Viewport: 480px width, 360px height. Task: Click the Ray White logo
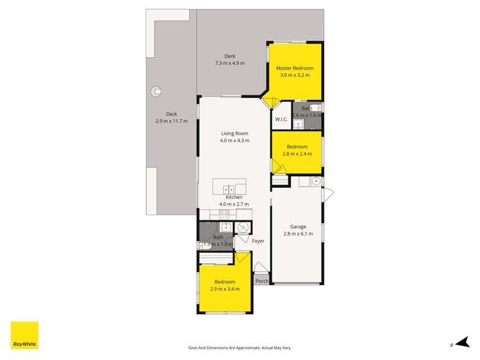24,335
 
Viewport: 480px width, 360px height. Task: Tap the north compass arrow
462,343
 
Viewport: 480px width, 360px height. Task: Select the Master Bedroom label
295,68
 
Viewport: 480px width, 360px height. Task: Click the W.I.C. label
281,119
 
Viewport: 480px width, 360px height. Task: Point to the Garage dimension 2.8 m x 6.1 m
298,234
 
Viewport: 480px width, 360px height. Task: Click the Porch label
261,281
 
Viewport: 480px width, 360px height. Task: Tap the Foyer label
258,241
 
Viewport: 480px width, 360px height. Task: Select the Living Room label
235,133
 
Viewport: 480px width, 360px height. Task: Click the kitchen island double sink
229,190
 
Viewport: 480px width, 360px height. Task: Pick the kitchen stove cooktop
224,215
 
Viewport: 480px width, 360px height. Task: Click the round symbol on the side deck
156,92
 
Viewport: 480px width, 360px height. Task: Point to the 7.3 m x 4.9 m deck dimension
230,63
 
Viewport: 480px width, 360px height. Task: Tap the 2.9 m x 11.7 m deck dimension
172,121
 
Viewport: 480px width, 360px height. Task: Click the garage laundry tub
315,181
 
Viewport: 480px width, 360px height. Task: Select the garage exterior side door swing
327,194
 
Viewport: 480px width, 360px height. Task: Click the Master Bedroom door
270,102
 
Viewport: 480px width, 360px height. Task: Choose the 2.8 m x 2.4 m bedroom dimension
297,154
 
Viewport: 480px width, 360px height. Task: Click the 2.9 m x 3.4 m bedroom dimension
225,289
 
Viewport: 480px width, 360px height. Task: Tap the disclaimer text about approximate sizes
240,348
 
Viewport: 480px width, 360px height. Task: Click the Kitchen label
234,197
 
